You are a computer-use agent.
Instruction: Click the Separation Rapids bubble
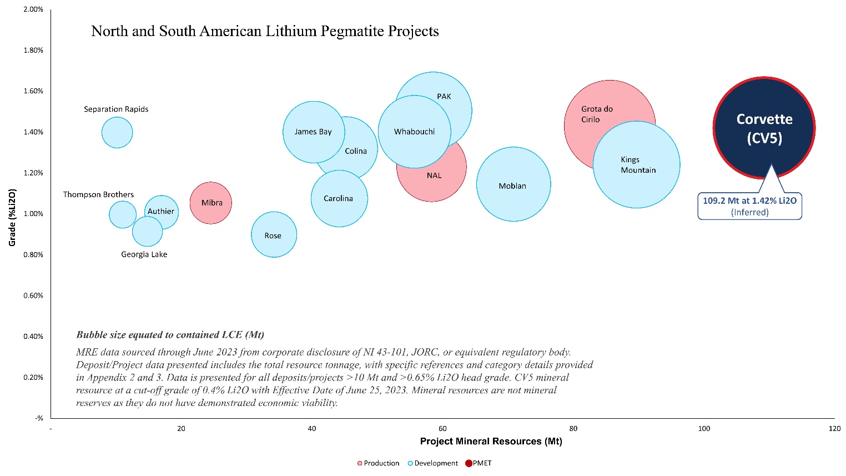coord(117,133)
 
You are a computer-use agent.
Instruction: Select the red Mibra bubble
coord(210,203)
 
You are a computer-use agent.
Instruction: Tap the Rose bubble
coord(274,234)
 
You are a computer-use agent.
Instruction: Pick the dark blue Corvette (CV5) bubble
coord(764,128)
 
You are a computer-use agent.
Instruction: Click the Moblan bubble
coord(513,184)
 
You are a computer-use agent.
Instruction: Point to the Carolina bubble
coord(339,198)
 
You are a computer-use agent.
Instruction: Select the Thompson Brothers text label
coord(98,194)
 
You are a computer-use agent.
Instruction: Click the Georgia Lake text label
coord(144,254)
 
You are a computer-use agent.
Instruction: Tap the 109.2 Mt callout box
coord(749,206)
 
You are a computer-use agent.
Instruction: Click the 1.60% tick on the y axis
coord(33,91)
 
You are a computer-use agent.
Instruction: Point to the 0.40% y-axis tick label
coord(33,336)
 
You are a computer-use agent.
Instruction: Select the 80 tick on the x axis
coord(573,428)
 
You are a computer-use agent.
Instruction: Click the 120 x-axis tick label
coord(834,428)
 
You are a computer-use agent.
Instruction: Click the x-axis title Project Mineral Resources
coord(491,442)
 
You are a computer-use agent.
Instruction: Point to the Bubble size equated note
coord(170,334)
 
